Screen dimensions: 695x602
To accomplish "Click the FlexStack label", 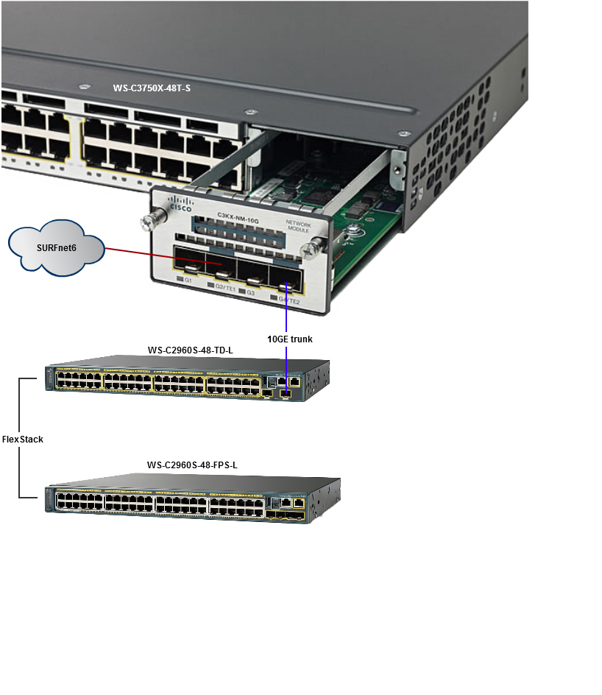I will coord(23,440).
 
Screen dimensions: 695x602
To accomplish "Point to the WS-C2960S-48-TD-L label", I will coord(191,351).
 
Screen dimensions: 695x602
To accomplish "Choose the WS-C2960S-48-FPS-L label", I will coord(192,465).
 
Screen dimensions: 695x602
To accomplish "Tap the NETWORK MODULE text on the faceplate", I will coord(298,226).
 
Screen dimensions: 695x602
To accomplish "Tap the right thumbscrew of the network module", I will coord(316,247).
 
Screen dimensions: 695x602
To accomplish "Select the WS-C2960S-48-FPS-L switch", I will coord(184,503).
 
